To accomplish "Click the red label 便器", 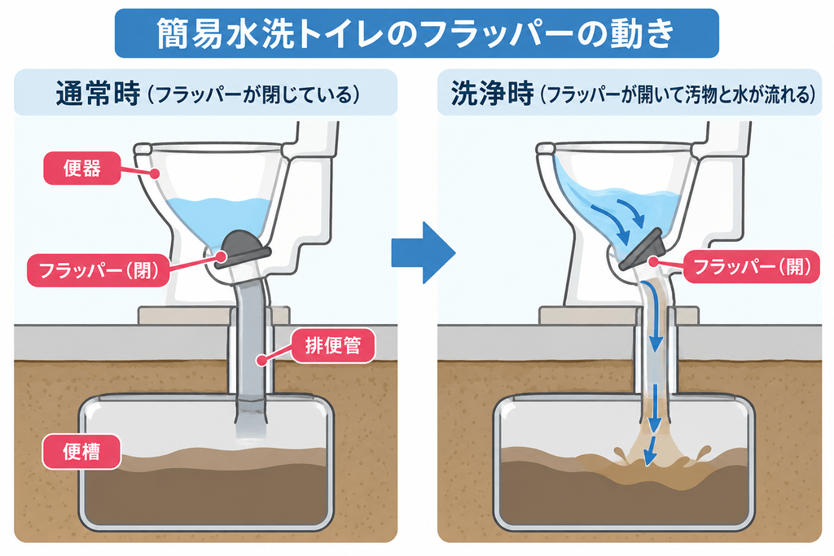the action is click(x=82, y=169).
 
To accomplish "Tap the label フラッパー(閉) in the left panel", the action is click(x=99, y=270).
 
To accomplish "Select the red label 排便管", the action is click(x=333, y=346).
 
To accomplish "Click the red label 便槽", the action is click(x=81, y=452).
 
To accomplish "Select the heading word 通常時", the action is click(x=99, y=94).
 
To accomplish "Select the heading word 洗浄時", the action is click(x=492, y=94).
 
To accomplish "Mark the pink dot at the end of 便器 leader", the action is click(x=155, y=173).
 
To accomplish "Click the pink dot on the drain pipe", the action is click(x=261, y=360).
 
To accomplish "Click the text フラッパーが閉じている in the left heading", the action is click(x=255, y=94).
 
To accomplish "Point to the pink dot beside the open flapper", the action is click(x=652, y=260).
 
